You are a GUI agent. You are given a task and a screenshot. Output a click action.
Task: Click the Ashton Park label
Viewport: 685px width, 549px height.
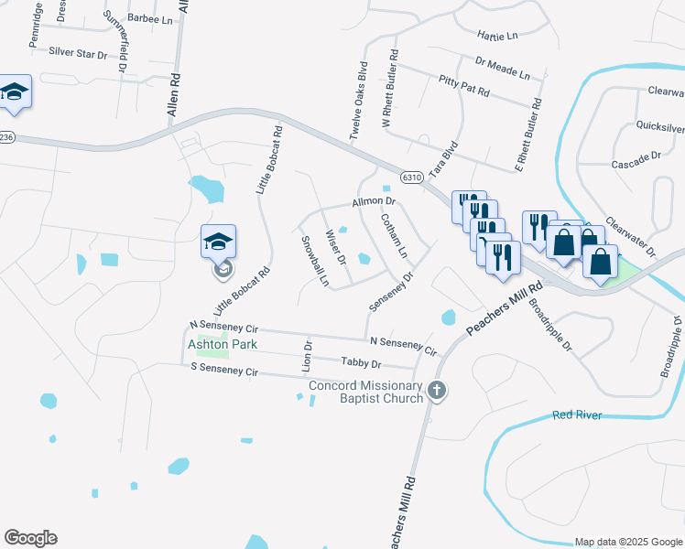pos(223,344)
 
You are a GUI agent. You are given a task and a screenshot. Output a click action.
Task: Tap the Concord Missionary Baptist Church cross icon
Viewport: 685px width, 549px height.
pos(437,391)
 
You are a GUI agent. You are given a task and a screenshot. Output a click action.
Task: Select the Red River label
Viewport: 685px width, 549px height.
pos(577,415)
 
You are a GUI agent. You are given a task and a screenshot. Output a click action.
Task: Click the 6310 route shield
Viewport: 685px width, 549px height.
pos(411,177)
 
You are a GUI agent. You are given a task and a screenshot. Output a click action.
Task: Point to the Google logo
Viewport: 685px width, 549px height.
pos(30,538)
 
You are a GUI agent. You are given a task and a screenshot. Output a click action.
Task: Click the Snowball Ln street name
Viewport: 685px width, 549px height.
pos(315,261)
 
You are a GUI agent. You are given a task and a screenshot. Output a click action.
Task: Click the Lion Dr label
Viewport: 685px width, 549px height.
pos(308,355)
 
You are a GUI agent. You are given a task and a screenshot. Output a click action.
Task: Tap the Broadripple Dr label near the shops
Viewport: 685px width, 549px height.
pos(550,323)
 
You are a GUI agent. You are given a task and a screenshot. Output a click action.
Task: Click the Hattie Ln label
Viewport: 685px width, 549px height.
pos(497,35)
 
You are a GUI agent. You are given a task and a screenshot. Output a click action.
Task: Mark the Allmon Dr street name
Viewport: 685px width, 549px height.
pos(373,201)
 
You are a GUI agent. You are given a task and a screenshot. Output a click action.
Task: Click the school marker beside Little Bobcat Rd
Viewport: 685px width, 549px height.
pos(219,242)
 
